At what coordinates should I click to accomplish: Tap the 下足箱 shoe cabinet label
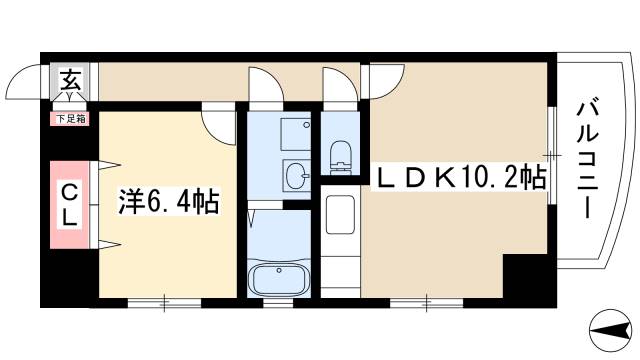[71, 118]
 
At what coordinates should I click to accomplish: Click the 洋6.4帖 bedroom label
[169, 200]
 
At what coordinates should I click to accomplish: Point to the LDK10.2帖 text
[460, 178]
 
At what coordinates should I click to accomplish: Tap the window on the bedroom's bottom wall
[165, 300]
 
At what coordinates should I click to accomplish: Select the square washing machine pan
[296, 133]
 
